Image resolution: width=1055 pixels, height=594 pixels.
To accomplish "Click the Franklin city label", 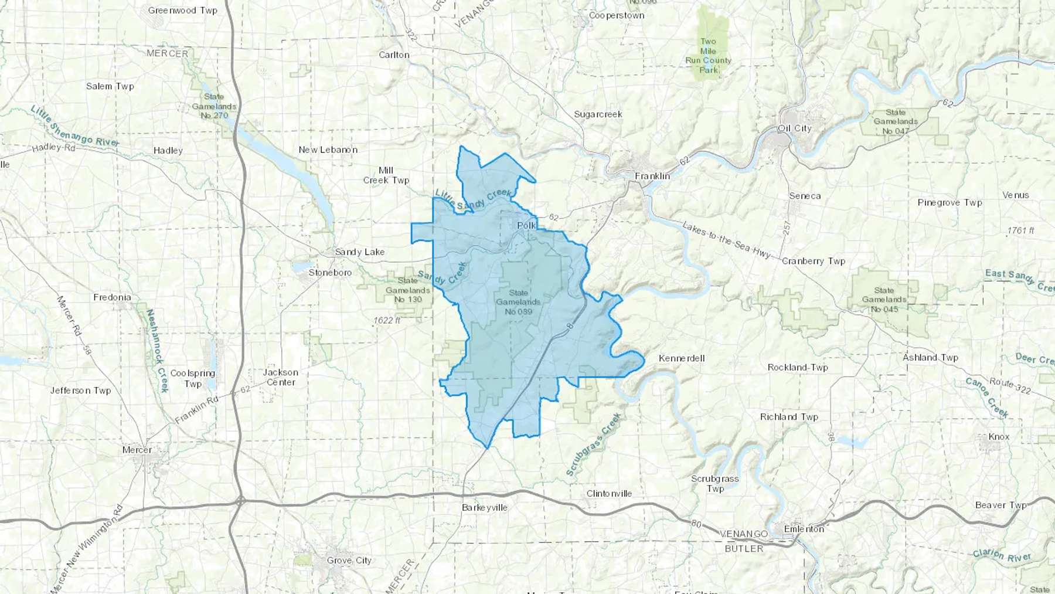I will coord(652,176).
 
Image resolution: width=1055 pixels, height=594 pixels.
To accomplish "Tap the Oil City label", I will coord(794,128).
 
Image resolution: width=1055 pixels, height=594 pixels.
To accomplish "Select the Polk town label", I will coord(526,225).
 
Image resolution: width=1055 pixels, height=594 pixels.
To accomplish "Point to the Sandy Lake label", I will coord(359,252).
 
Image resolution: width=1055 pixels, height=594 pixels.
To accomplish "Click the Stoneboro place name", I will coord(330,273).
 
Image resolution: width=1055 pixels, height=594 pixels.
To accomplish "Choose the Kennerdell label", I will coord(681,358).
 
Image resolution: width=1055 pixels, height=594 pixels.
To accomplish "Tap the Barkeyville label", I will coord(484,507).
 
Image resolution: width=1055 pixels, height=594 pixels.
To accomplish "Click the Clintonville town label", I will coord(609,494).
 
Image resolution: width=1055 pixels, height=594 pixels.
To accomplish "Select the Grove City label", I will coord(349,561).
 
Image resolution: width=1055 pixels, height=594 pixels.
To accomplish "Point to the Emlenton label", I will coord(804,529).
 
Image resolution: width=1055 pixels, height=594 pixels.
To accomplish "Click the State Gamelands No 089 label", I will coord(518,302).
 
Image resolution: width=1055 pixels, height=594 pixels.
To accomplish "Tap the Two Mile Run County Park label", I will coord(708,56).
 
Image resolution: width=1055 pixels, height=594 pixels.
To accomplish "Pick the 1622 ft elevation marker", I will coord(387,321).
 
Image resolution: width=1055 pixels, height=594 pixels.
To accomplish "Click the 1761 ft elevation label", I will coord(1020,230).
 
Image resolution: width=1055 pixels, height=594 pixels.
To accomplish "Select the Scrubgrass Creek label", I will coord(593,444).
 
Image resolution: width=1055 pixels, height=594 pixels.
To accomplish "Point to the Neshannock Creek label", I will coord(157,351).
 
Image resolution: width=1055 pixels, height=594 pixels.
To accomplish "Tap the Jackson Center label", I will coord(281,377).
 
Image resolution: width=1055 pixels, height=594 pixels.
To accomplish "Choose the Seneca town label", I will coord(804,196).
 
